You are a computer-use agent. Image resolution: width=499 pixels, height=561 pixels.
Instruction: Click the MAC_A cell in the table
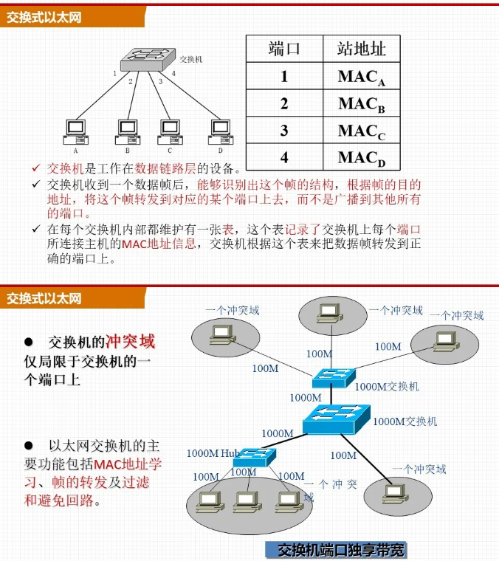[x=362, y=76]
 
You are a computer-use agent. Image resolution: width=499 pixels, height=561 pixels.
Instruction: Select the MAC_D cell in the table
[x=362, y=157]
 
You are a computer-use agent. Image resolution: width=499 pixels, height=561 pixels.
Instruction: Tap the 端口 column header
[x=284, y=49]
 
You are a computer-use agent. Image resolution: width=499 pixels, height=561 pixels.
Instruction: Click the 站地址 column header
[x=362, y=49]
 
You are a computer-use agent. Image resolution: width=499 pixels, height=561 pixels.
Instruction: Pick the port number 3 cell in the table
[x=284, y=131]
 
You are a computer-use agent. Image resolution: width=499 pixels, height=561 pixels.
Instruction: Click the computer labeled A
[x=75, y=130]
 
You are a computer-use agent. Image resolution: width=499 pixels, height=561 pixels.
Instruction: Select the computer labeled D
[x=219, y=130]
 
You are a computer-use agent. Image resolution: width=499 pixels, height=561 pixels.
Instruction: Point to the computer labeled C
[x=170, y=130]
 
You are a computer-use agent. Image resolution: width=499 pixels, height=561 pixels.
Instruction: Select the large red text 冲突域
[x=131, y=342]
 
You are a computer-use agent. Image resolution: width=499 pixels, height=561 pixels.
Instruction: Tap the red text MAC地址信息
[x=164, y=244]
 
